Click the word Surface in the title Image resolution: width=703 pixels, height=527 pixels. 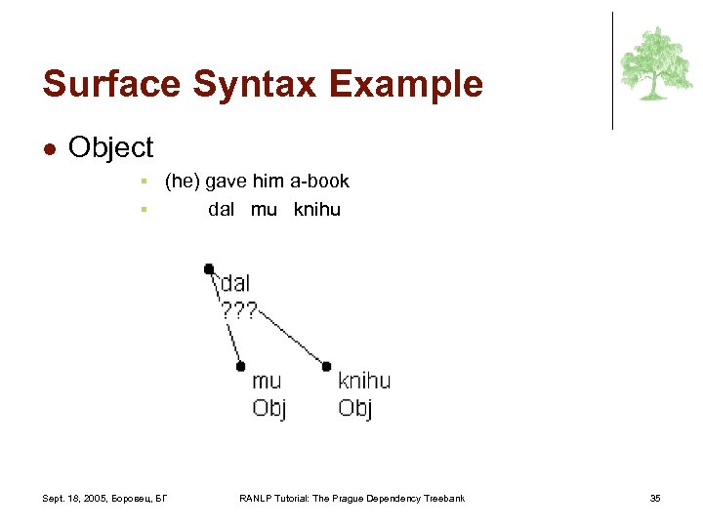point(109,84)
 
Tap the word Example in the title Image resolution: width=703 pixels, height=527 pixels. point(405,84)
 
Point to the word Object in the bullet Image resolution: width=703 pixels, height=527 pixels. point(111,147)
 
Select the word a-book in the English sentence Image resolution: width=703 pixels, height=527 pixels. point(318,181)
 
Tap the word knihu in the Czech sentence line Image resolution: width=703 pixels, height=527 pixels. point(316,209)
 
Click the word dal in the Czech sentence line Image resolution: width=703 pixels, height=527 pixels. point(222,209)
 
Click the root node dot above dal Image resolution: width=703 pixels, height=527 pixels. point(209,268)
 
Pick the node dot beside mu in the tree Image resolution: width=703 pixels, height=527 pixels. point(240,366)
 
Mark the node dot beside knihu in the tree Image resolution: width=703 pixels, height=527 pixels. point(326,366)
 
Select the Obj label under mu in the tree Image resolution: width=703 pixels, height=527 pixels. point(269,407)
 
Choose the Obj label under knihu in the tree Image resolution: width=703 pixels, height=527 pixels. point(355,407)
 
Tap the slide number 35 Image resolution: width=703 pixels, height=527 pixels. point(655,499)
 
